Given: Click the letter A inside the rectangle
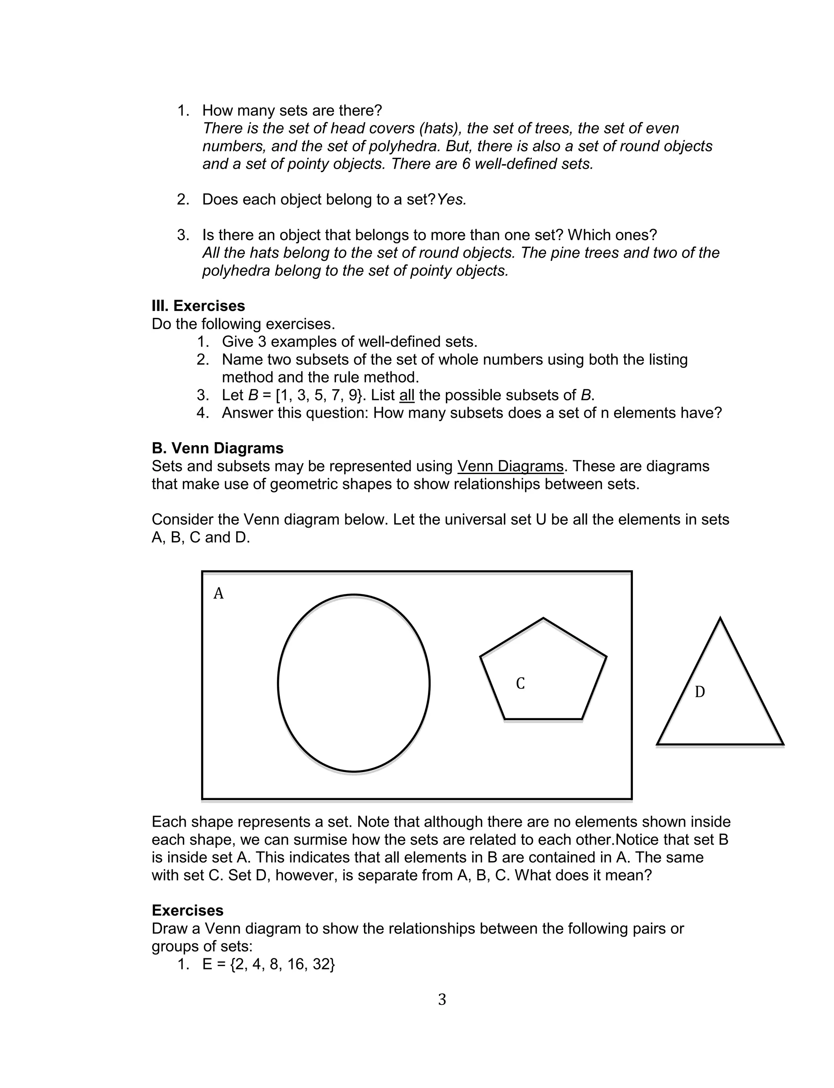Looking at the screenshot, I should (x=218, y=593).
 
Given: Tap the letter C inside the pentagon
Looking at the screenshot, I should (x=520, y=684).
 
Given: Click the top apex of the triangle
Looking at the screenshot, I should (x=720, y=618).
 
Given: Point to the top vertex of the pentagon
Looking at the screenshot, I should (x=543, y=618).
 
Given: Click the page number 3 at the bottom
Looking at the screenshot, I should (x=442, y=999).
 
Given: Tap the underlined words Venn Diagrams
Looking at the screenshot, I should (x=510, y=466).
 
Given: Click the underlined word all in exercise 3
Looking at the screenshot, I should (x=406, y=395).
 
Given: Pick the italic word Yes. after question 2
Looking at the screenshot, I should (x=452, y=200).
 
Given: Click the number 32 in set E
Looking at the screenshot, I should (x=321, y=964).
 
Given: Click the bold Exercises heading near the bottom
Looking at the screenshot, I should (x=187, y=911).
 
